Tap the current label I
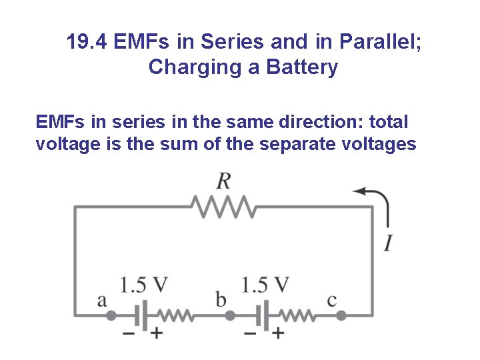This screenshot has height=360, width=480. (x=387, y=243)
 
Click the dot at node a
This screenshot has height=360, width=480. (x=111, y=315)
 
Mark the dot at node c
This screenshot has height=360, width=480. (x=341, y=315)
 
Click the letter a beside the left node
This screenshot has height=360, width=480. (x=102, y=301)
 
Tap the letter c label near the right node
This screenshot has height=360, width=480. (x=332, y=301)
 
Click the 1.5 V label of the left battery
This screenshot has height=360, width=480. (x=143, y=285)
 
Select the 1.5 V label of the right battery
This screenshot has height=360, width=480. (x=265, y=285)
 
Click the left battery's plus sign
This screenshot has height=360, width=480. (x=156, y=333)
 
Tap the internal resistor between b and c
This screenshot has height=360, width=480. (x=297, y=315)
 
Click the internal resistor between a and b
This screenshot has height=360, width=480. (x=175, y=315)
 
